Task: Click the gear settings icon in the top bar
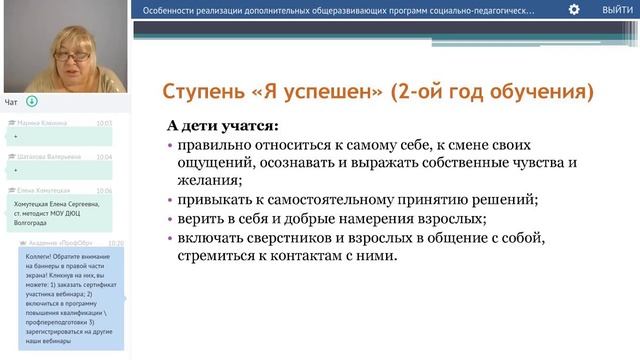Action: click(574, 9)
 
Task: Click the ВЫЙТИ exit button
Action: click(616, 9)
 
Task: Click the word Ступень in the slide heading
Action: click(204, 93)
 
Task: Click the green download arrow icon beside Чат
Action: click(31, 101)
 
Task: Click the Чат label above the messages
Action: click(11, 102)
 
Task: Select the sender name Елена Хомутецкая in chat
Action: click(42, 190)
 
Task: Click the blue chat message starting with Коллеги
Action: click(70, 300)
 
